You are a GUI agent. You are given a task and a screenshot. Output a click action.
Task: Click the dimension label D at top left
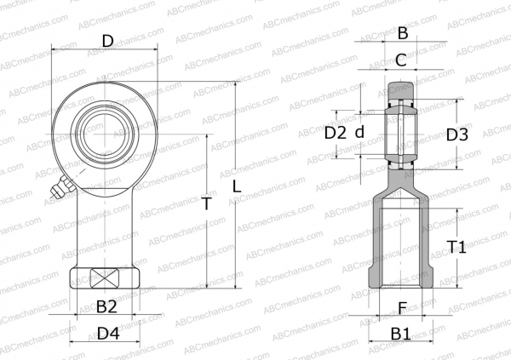point(107,40)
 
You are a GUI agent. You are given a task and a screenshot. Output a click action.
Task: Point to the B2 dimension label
point(106,306)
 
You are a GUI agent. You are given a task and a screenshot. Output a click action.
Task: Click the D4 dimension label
point(107,334)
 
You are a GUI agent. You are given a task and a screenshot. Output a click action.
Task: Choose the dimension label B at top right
point(402,34)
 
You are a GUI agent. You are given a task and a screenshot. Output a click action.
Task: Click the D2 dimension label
point(336,133)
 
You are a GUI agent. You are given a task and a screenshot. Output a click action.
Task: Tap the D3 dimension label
point(457,134)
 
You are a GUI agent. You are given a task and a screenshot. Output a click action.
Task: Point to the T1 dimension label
point(457,248)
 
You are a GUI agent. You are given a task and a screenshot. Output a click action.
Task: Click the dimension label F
point(402,307)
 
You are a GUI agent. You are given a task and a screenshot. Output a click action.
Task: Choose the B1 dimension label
point(401,334)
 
